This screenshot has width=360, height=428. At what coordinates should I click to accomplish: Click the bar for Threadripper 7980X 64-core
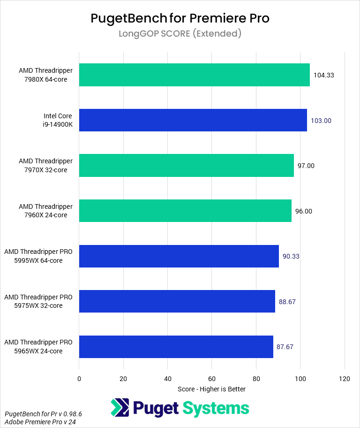[x=194, y=75]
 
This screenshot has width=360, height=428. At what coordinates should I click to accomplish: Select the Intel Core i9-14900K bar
[x=193, y=120]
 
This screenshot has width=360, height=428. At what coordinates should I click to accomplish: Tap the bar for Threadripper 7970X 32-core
[x=186, y=166]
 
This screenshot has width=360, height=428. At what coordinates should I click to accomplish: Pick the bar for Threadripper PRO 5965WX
[x=176, y=347]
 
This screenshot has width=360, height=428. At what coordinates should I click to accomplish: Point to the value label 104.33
[x=323, y=75]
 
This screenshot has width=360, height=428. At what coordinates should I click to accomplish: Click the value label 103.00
[x=321, y=121]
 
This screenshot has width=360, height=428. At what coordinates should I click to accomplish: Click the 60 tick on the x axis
[x=212, y=378]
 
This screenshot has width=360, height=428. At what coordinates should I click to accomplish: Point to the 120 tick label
[x=345, y=378]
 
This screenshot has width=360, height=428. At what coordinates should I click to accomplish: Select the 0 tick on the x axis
[x=79, y=378]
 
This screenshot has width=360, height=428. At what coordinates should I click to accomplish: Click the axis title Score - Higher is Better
[x=211, y=389]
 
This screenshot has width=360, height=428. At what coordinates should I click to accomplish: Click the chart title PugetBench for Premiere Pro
[x=180, y=18]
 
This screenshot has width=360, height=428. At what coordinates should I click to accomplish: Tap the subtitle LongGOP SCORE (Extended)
[x=180, y=34]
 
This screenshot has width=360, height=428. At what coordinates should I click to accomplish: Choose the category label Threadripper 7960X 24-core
[x=45, y=211]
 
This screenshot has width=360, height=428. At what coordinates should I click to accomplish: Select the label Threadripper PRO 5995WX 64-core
[x=38, y=256]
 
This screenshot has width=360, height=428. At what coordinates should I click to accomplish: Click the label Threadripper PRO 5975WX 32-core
[x=38, y=301]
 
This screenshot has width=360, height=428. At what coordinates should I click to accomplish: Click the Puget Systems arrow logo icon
[x=120, y=408]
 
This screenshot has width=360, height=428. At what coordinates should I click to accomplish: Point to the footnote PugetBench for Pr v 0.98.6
[x=43, y=414]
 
